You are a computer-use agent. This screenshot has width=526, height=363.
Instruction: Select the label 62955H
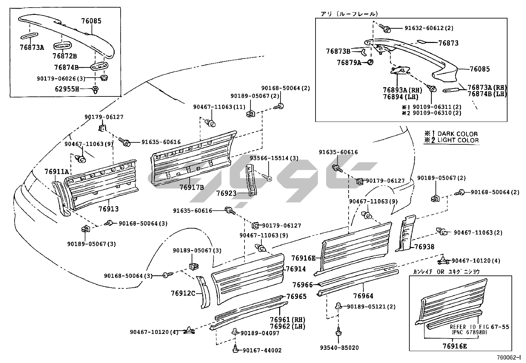[67, 89]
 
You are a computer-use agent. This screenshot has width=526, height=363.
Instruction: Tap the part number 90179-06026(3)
[61, 78]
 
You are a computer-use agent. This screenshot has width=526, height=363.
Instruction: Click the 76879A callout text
[349, 62]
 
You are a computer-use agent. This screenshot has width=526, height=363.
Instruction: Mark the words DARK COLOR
[458, 134]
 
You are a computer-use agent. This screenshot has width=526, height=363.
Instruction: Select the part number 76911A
[57, 171]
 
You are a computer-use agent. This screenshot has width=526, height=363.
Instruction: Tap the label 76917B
[192, 187]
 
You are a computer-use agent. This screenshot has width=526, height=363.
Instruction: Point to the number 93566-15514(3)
[274, 158]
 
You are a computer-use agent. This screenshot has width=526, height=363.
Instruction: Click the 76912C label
[183, 293]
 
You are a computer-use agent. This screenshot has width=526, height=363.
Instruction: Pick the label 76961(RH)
[287, 320]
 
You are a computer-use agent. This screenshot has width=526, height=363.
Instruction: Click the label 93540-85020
[339, 347]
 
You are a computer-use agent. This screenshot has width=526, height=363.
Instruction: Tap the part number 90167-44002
[262, 350]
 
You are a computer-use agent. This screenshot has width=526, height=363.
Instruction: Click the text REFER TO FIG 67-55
[479, 327]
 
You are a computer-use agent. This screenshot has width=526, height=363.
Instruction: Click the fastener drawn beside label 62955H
[96, 89]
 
